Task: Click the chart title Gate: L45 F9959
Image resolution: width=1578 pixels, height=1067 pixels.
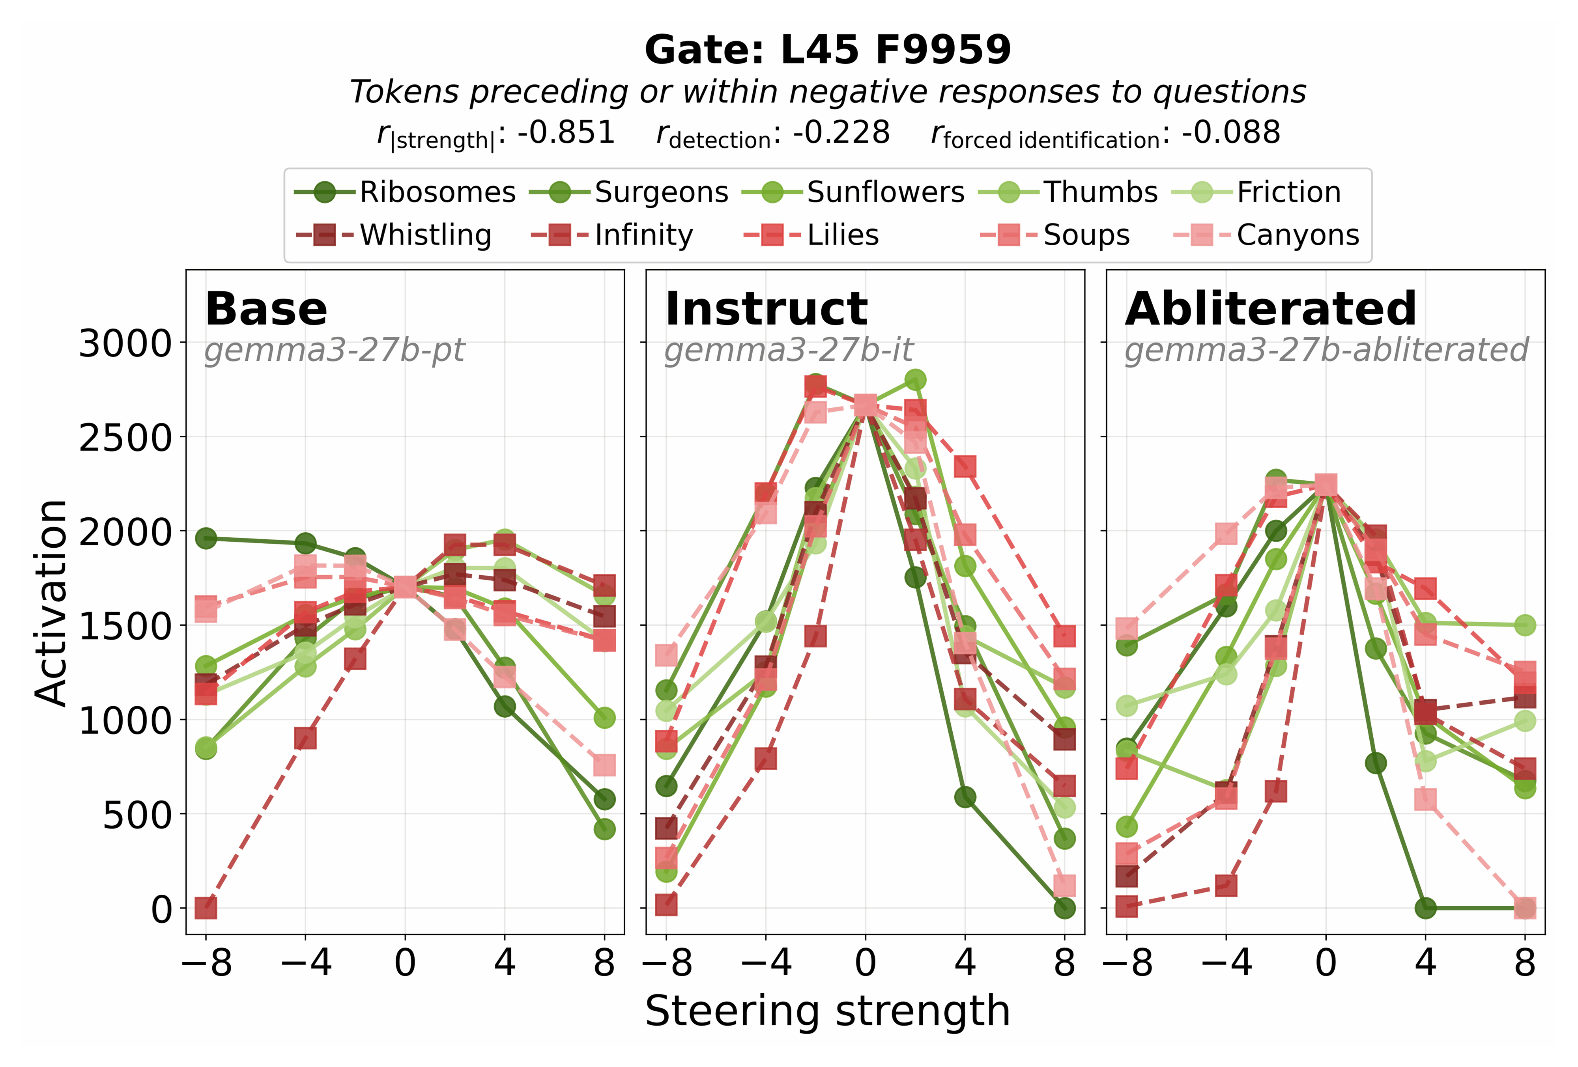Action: (827, 50)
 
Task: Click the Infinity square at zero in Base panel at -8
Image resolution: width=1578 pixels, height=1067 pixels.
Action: (206, 907)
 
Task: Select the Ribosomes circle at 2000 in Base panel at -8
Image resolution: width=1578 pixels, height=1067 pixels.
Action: (206, 538)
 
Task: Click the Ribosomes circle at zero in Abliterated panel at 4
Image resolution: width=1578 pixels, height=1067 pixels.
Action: (1425, 907)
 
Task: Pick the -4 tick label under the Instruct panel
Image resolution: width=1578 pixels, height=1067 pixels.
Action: (765, 963)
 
